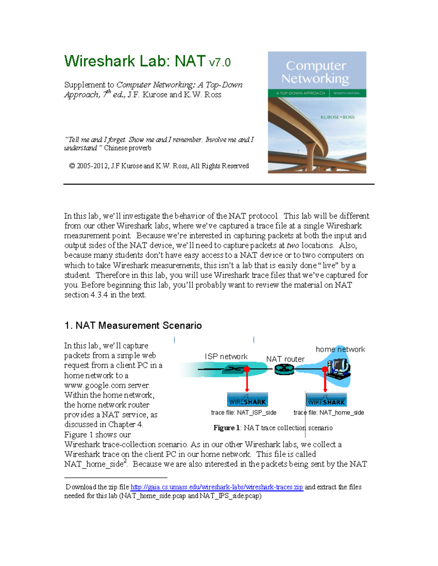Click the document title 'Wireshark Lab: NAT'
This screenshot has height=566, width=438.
click(135, 61)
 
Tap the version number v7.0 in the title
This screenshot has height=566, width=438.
click(220, 63)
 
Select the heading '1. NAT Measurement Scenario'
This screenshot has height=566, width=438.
click(133, 325)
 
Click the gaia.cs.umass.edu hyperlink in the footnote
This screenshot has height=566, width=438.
click(216, 487)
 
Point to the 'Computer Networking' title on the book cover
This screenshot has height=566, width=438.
click(316, 72)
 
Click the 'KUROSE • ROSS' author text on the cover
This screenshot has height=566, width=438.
click(337, 117)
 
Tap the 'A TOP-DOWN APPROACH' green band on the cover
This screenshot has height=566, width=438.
click(300, 93)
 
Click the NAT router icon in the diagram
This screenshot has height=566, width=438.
click(284, 370)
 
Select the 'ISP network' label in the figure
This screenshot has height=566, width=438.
click(226, 356)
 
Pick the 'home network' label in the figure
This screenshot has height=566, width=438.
click(340, 349)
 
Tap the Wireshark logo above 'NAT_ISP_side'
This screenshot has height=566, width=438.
click(247, 400)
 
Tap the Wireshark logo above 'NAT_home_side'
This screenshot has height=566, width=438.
click(326, 400)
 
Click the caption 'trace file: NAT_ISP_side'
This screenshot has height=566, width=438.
click(243, 413)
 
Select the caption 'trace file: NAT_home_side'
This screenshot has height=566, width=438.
click(328, 413)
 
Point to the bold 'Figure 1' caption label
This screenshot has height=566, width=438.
click(226, 428)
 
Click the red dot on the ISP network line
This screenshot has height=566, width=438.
click(247, 369)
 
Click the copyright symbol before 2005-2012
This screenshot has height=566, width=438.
click(72, 166)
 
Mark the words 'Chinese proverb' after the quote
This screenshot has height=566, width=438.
click(127, 148)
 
